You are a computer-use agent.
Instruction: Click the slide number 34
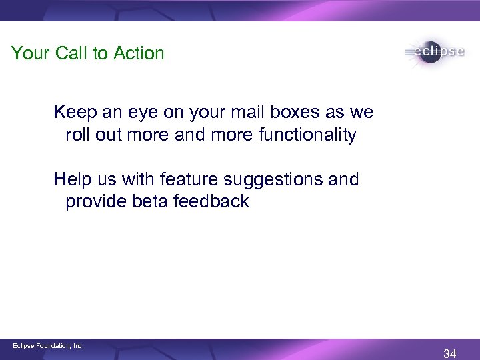[449, 353]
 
